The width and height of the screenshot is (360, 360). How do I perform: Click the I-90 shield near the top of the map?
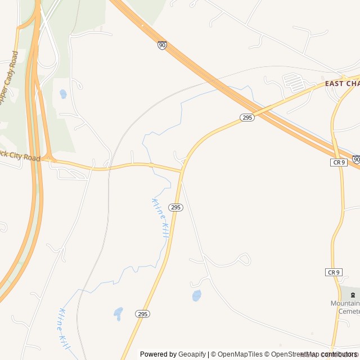[x=162, y=45]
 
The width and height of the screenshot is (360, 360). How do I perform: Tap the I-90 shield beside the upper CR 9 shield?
[x=357, y=160]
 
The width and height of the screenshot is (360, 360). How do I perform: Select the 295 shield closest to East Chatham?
[x=247, y=117]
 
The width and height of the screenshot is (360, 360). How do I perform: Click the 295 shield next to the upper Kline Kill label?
[x=175, y=207]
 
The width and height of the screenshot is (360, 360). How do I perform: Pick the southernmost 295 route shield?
[x=143, y=314]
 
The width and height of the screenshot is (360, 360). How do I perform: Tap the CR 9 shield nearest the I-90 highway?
[x=338, y=162]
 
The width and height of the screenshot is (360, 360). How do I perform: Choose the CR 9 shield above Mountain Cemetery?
[x=334, y=272]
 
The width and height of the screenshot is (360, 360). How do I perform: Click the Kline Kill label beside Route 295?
[x=160, y=217]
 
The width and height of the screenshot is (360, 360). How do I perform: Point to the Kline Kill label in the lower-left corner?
[x=64, y=328]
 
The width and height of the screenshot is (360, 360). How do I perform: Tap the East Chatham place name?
[x=342, y=84]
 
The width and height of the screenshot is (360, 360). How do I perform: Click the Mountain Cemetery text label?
[x=345, y=307]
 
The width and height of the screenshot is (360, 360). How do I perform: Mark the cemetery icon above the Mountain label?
[x=353, y=294]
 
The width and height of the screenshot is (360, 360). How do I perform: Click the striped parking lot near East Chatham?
[x=293, y=83]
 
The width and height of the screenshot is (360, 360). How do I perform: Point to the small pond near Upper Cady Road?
[x=63, y=94]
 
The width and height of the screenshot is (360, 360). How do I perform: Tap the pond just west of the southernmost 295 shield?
[x=118, y=313]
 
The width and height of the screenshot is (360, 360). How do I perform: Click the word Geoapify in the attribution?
[x=192, y=354]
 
